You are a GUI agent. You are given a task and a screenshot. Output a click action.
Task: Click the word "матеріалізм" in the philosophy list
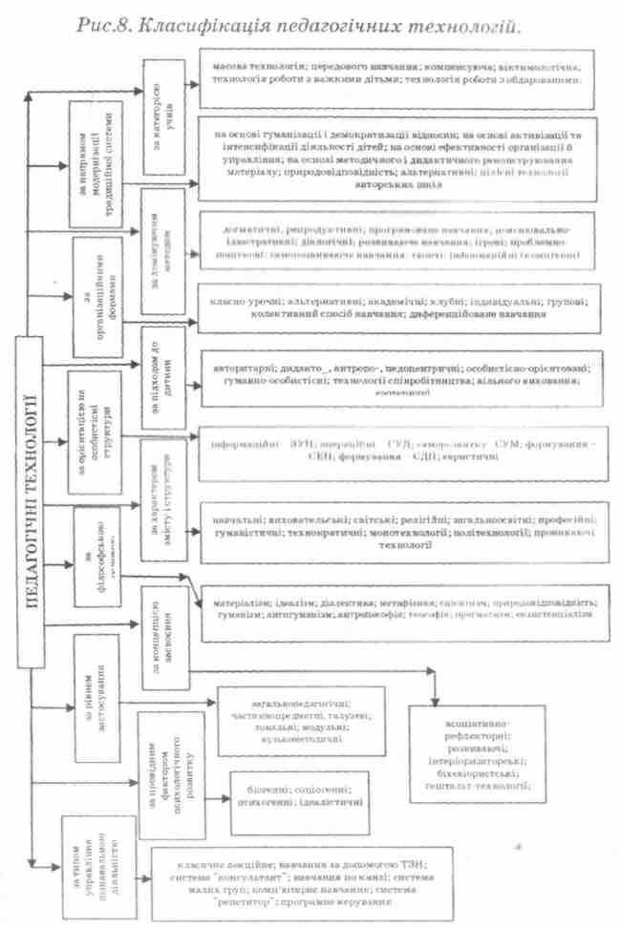point(230,603)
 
